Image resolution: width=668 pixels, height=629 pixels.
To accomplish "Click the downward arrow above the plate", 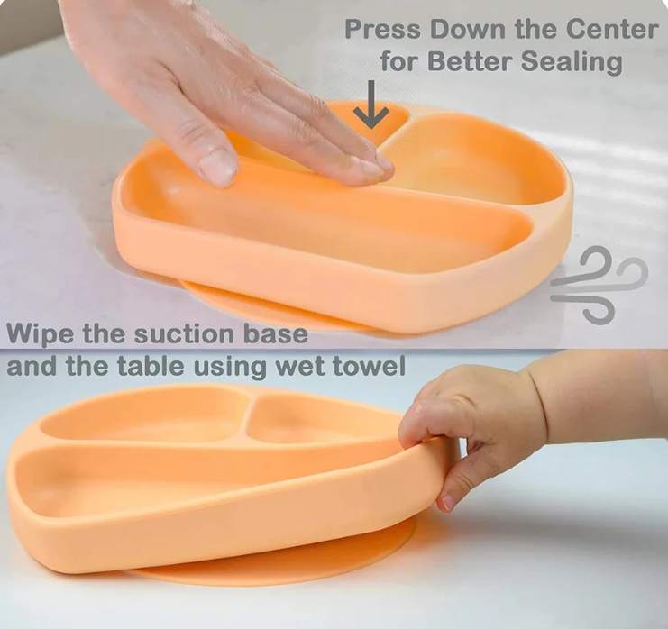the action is [371, 106].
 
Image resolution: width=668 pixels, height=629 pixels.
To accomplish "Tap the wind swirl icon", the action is [599, 284].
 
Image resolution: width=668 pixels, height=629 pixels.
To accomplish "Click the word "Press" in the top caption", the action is [382, 30].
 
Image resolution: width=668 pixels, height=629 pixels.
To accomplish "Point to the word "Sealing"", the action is [572, 62].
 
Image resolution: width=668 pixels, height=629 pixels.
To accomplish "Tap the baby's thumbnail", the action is [448, 502].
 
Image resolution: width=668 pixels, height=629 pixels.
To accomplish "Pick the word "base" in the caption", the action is [276, 334].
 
